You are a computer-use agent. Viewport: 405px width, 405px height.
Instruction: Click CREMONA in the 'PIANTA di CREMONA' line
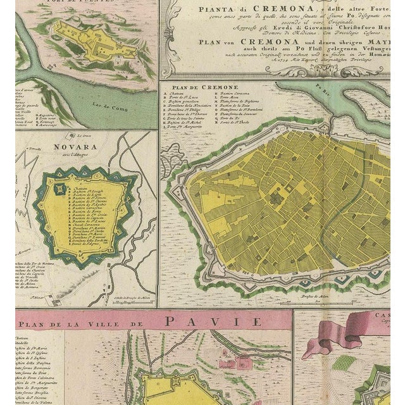255,9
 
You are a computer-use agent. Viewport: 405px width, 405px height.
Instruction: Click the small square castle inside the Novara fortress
59,188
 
